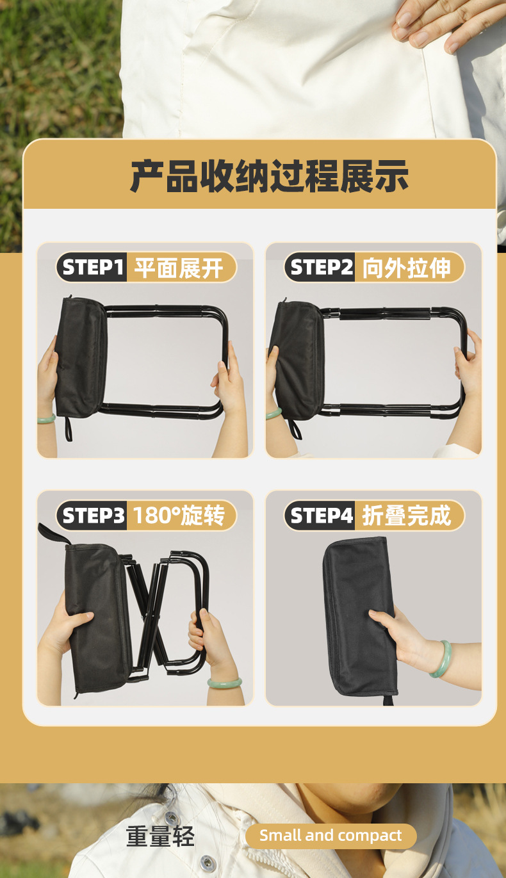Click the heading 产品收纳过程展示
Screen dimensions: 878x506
pyautogui.click(x=269, y=176)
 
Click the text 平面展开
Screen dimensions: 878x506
pyautogui.click(x=179, y=268)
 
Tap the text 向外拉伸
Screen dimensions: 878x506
pyautogui.click(x=407, y=268)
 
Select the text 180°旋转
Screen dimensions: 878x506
pyautogui.click(x=179, y=516)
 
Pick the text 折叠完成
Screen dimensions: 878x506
pyautogui.click(x=407, y=516)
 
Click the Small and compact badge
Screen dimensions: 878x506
pyautogui.click(x=331, y=836)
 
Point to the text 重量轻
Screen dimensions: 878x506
pyautogui.click(x=160, y=836)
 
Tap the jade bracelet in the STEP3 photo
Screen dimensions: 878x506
pyautogui.click(x=224, y=683)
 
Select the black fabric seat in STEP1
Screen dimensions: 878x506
pyautogui.click(x=80, y=355)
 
